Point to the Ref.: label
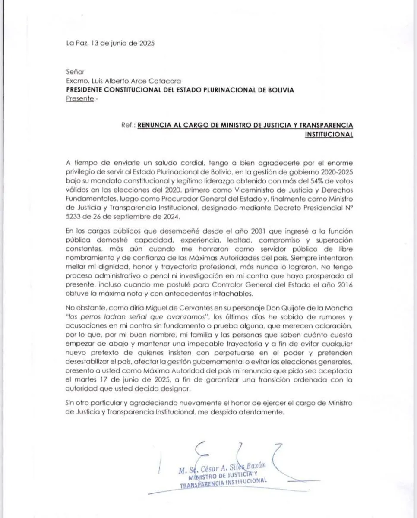pos(128,125)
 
